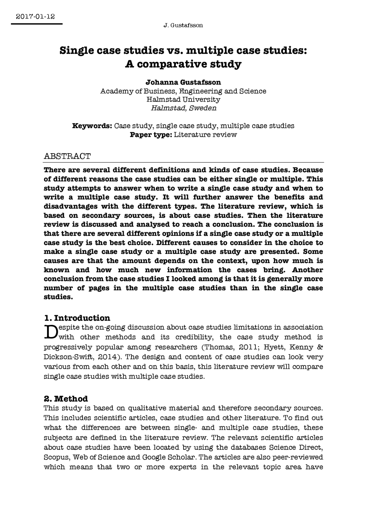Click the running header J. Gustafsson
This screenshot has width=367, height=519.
[183, 26]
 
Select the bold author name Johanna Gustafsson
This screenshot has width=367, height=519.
[183, 82]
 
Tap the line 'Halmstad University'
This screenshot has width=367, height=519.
[183, 99]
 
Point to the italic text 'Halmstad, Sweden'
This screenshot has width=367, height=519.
[183, 108]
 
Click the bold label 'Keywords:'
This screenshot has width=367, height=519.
[92, 126]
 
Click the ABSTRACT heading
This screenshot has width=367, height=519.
[67, 156]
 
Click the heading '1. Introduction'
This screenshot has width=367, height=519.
[77, 318]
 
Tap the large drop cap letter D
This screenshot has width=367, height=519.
[50, 332]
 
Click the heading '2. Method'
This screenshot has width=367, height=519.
[66, 399]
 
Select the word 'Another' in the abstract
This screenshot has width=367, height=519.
[307, 270]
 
